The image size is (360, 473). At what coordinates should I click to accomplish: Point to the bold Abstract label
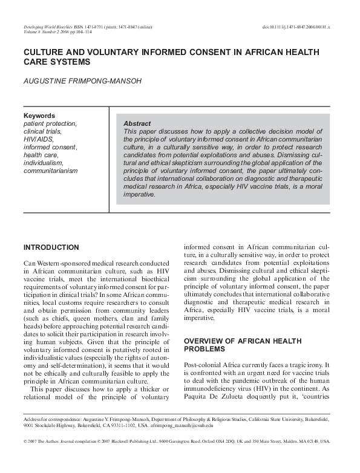click(137, 123)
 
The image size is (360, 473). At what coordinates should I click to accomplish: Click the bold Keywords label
click(39, 116)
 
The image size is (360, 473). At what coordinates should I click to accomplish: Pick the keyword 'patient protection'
click(50, 123)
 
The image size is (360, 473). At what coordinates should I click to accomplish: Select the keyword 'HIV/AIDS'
click(38, 139)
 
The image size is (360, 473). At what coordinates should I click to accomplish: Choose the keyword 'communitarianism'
click(50, 171)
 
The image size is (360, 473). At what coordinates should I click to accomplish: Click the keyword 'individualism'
click(42, 163)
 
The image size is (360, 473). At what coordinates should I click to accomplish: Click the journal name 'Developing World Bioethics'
click(48, 28)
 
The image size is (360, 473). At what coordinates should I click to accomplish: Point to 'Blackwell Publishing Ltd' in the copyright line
click(129, 442)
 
